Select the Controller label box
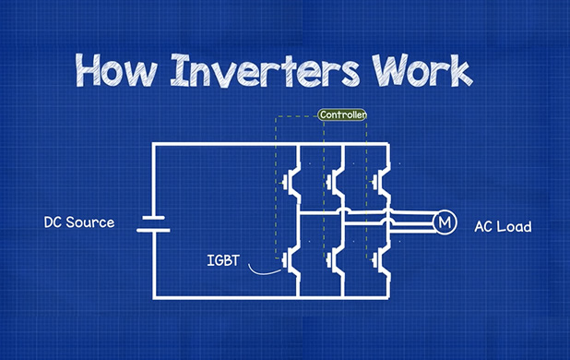tap(342, 115)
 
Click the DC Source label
tap(79, 222)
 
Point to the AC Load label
tap(503, 226)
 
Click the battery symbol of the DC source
tap(153, 222)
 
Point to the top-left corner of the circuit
tap(153, 144)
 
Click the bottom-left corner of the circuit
tap(153, 298)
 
